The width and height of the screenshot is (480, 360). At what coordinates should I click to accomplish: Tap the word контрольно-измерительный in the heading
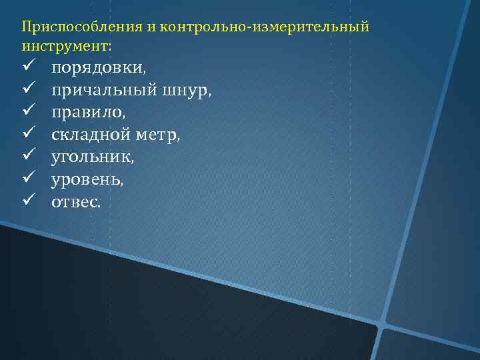[263, 27]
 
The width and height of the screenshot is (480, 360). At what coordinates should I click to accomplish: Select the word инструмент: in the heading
[67, 47]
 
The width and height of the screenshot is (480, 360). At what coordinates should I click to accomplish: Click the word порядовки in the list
[99, 68]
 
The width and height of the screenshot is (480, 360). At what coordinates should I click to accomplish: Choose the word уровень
[87, 179]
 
